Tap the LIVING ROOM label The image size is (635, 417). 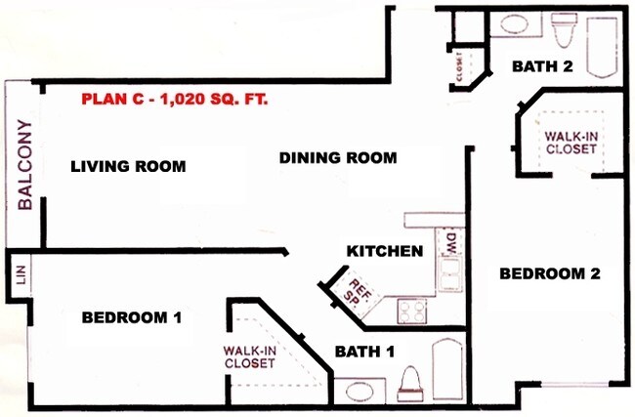(128, 166)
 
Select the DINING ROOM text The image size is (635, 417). (337, 157)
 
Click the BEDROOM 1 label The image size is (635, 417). (132, 317)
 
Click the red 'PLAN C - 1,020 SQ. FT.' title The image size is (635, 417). (175, 100)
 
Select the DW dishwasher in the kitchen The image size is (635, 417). (450, 245)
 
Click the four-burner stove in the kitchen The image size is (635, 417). (411, 311)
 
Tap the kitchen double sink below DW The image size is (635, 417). (450, 276)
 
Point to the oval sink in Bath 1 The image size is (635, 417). (360, 393)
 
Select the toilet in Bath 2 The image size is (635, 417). (564, 32)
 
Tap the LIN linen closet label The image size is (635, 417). (19, 275)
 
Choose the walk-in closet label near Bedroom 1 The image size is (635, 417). (248, 356)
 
